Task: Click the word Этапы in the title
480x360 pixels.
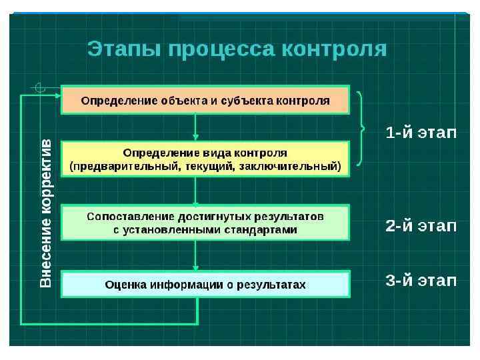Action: (x=123, y=49)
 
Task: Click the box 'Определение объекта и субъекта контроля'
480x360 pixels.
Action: (x=205, y=100)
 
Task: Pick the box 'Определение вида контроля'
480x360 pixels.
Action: (x=205, y=159)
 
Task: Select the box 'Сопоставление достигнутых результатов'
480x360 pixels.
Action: (x=205, y=223)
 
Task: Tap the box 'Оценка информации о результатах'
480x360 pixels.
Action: (x=205, y=285)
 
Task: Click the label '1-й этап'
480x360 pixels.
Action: (x=421, y=133)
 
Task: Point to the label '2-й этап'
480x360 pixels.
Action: (x=421, y=225)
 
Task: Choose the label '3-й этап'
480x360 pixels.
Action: (x=421, y=280)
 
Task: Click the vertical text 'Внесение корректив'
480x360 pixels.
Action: (x=46, y=213)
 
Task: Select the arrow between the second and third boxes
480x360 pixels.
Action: (x=195, y=191)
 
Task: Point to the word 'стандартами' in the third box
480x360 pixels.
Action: (x=264, y=229)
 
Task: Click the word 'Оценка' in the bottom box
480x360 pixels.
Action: (x=125, y=285)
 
